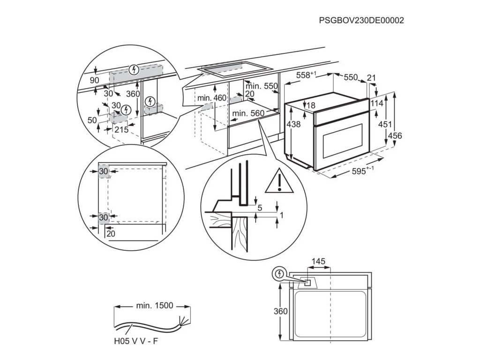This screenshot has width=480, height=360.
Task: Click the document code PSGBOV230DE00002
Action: (361, 21)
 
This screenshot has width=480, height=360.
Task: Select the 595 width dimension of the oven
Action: (362, 172)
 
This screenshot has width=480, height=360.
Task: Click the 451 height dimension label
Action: (386, 124)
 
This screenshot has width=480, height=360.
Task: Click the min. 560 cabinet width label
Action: (248, 113)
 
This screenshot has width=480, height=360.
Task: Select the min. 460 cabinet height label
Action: (211, 98)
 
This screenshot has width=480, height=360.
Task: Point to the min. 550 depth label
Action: (262, 86)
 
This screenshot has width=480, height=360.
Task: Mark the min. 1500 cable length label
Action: (155, 306)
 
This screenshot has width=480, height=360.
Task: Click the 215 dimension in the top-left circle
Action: (121, 130)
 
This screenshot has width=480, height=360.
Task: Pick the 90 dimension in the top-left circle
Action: (95, 81)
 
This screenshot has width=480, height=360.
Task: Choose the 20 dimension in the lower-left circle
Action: (111, 233)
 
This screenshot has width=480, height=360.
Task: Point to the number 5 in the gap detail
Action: (259, 207)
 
